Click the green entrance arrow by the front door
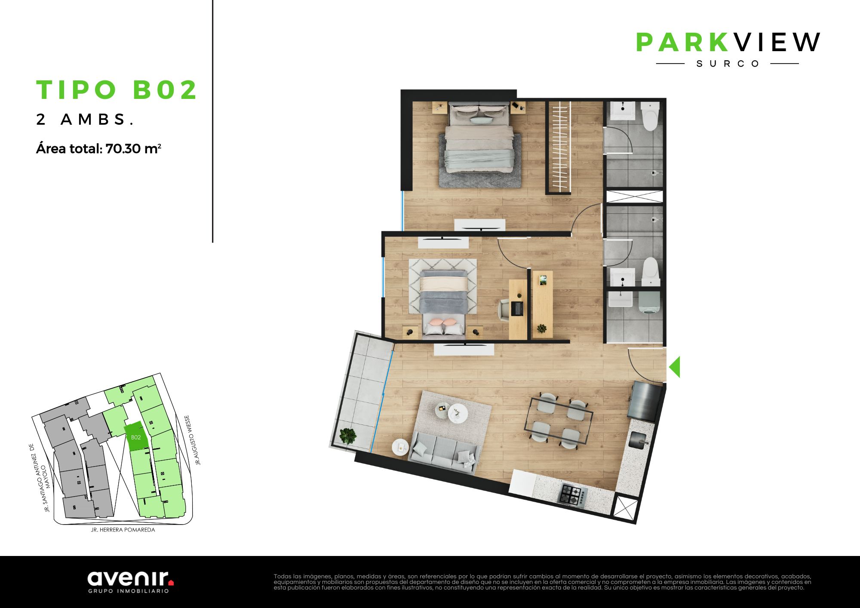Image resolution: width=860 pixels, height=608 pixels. click(x=675, y=367)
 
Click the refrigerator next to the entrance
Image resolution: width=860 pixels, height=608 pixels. click(x=645, y=402)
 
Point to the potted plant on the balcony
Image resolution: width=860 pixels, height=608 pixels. click(x=348, y=436)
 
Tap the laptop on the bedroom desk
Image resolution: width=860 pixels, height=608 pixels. click(x=517, y=308)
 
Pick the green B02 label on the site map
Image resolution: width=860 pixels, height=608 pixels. click(x=136, y=437)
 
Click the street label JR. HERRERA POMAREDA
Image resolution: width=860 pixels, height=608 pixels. click(x=123, y=530)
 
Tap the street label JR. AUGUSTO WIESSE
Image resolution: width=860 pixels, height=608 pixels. click(x=192, y=440)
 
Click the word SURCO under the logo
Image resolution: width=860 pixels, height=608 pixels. click(x=728, y=64)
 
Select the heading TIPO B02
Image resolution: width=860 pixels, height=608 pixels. click(x=117, y=89)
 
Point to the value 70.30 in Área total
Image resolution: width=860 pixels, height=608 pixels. click(x=123, y=149)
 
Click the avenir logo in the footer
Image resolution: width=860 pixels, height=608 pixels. click(x=131, y=582)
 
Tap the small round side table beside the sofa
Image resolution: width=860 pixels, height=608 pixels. click(x=401, y=448)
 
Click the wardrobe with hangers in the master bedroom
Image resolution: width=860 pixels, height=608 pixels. click(x=559, y=147)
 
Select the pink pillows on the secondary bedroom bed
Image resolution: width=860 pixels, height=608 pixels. click(x=442, y=322)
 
